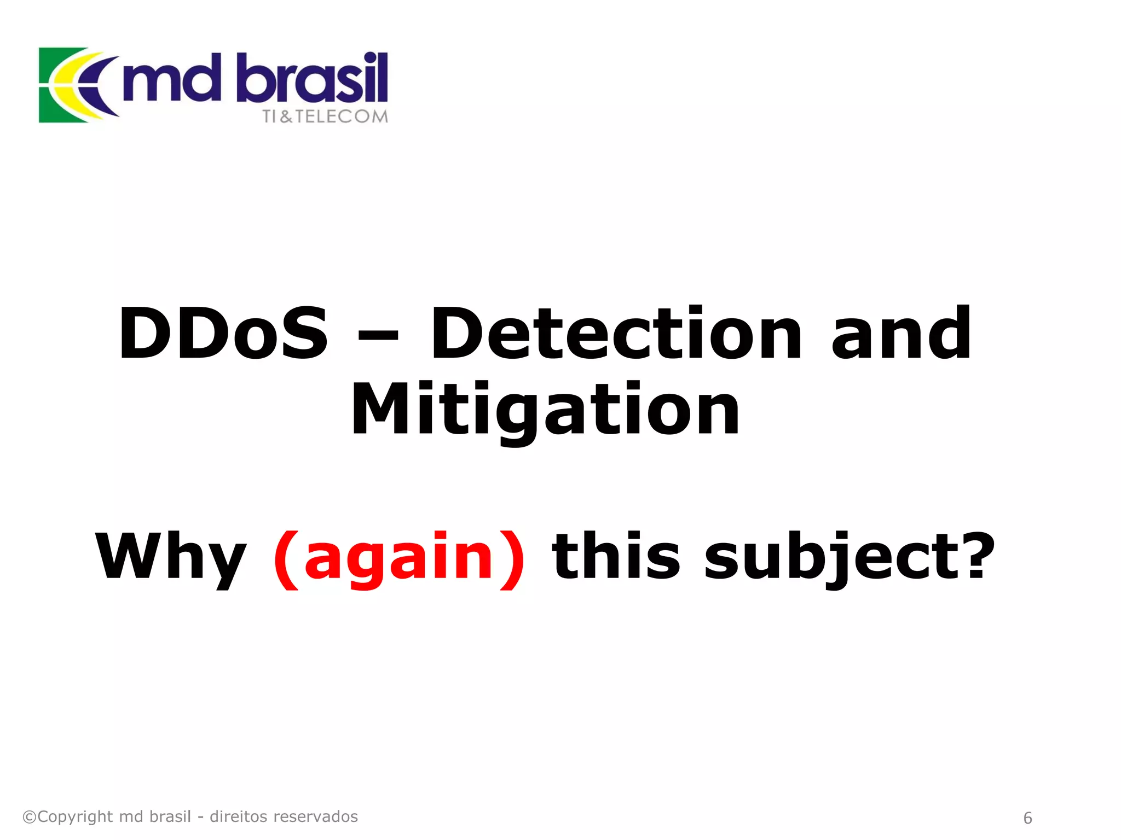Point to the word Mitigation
point(545,410)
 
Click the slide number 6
point(1027,818)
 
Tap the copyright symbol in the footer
point(29,817)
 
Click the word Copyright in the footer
point(75,816)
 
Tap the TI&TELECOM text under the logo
point(325,116)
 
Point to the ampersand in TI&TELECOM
point(286,116)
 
